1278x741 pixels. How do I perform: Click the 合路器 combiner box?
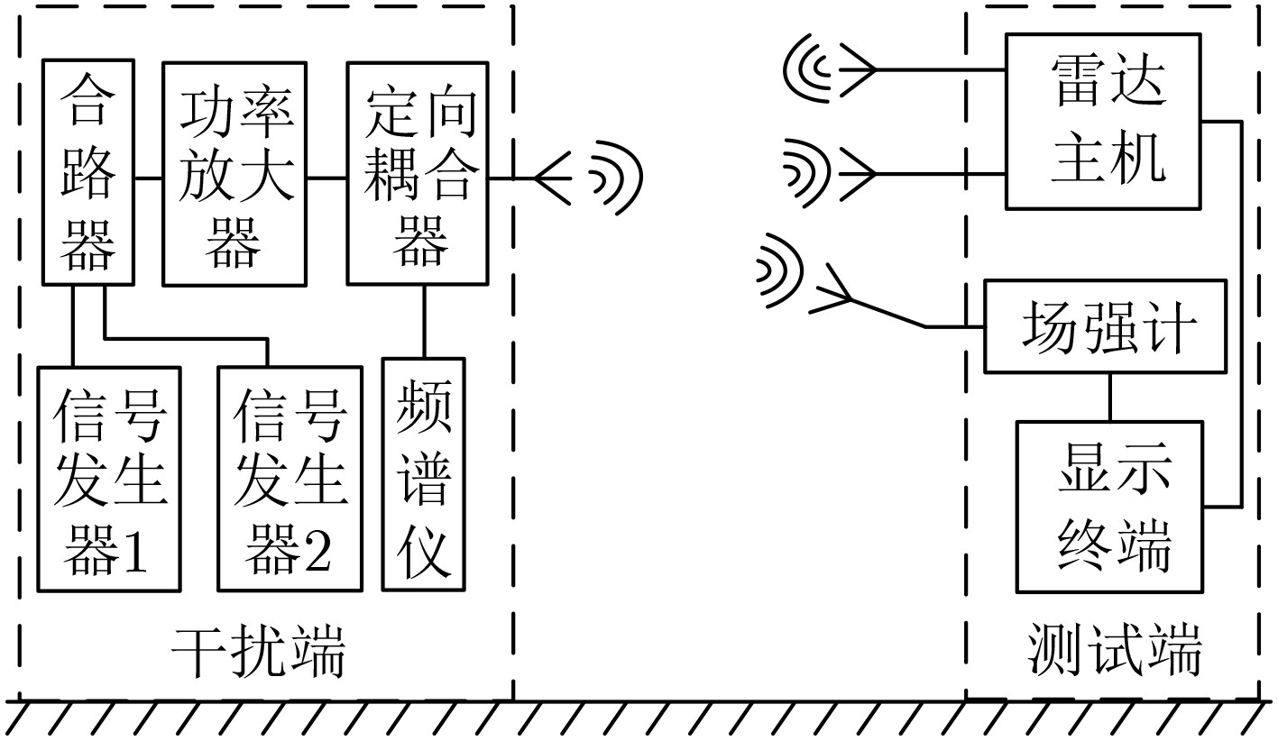click(88, 171)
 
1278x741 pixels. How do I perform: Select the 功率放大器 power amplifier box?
click(234, 174)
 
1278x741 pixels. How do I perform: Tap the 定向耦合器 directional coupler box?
click(418, 173)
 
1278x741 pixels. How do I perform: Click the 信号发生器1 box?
click(109, 480)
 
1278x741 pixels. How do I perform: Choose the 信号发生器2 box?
click(290, 480)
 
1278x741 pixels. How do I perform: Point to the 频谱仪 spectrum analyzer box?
click(423, 474)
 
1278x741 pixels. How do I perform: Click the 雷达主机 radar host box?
click(1103, 122)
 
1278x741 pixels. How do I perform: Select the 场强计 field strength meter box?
click(1105, 326)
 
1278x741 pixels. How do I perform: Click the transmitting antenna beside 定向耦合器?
click(588, 178)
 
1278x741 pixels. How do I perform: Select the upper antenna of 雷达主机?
click(830, 69)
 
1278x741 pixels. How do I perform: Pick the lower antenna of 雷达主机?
click(829, 173)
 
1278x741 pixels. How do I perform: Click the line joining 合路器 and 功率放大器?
click(148, 178)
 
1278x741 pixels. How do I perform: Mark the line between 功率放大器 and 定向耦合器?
click(326, 178)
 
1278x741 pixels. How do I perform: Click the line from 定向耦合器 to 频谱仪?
click(424, 322)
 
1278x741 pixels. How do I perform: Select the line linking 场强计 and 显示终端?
click(1109, 398)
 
